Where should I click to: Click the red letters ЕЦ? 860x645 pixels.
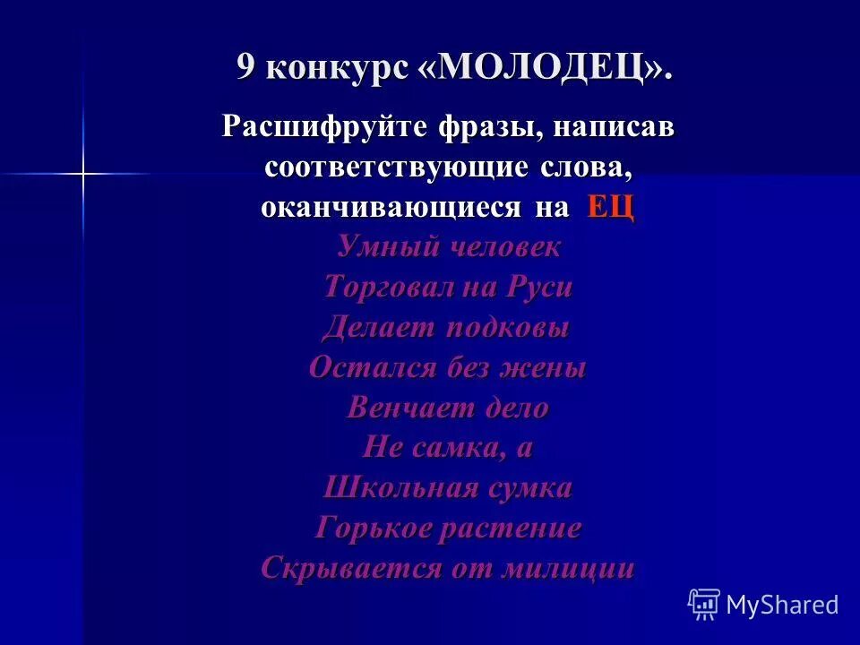(x=611, y=208)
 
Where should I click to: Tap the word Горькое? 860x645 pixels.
(x=370, y=529)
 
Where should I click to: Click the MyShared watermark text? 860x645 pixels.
(x=782, y=605)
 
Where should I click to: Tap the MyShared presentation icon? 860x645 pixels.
(x=703, y=604)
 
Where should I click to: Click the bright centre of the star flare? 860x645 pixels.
(x=82, y=173)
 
